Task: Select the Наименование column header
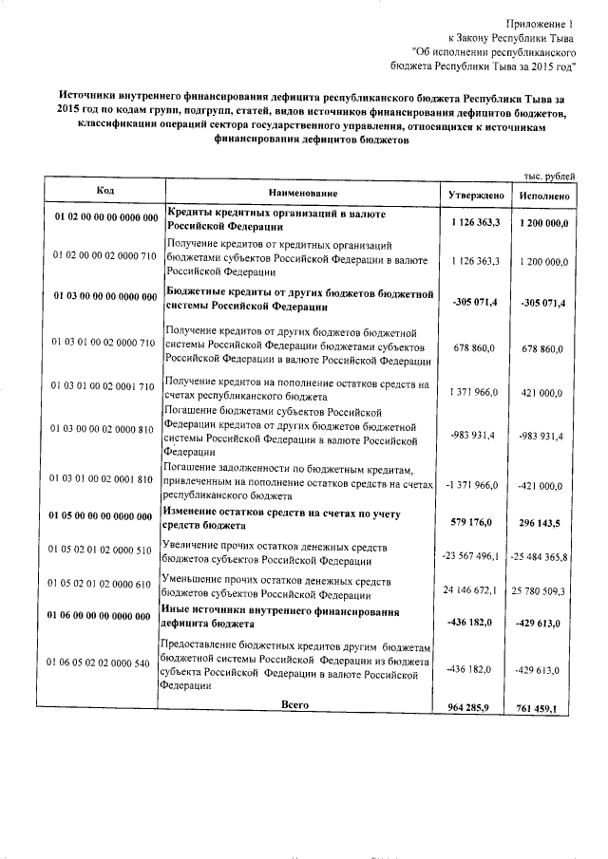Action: click(x=302, y=193)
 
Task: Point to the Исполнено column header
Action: click(x=544, y=194)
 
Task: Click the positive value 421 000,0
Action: click(x=545, y=392)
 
